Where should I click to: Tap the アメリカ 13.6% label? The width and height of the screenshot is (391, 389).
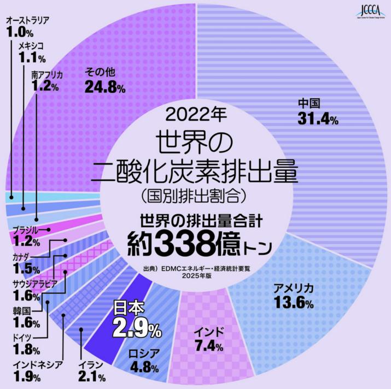(293, 296)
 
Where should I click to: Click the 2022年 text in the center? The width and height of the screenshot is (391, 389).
(195, 114)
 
